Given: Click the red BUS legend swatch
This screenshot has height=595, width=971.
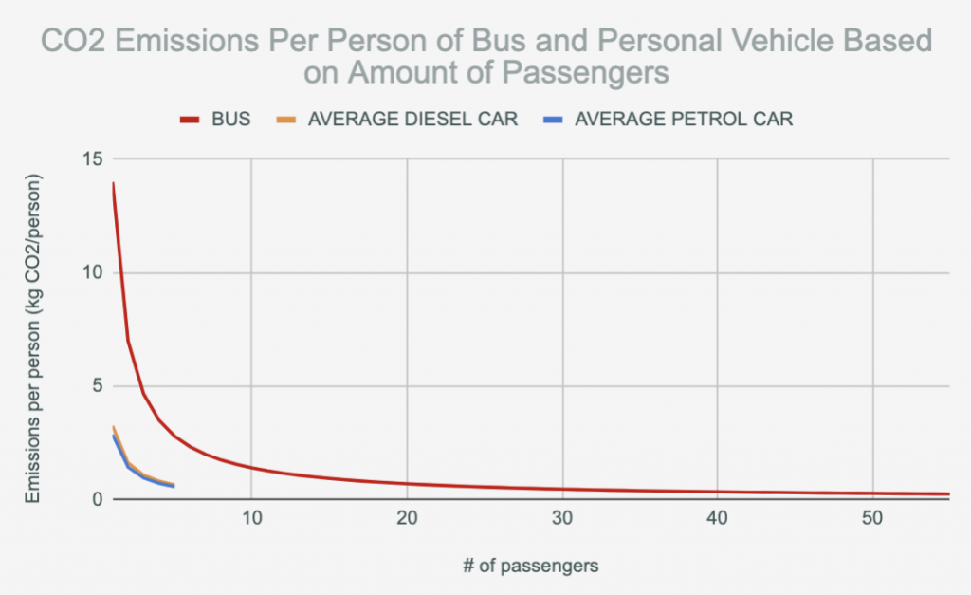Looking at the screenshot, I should point(190,120).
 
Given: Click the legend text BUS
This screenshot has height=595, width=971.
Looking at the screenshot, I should point(232,120).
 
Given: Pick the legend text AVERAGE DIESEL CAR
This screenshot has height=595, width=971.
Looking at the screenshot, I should point(413,120).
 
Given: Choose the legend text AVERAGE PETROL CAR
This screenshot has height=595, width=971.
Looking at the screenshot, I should point(684,120).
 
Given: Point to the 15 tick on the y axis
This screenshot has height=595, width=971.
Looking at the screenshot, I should point(91,158).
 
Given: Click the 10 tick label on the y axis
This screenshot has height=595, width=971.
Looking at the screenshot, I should point(91,273).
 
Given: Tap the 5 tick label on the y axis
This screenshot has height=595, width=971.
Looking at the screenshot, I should point(96,386).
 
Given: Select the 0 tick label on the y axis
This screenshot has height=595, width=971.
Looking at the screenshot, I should point(96,499).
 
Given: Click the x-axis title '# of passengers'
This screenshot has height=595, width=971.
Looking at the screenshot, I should point(531,566).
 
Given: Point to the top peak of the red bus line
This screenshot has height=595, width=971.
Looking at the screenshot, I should point(113,183).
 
